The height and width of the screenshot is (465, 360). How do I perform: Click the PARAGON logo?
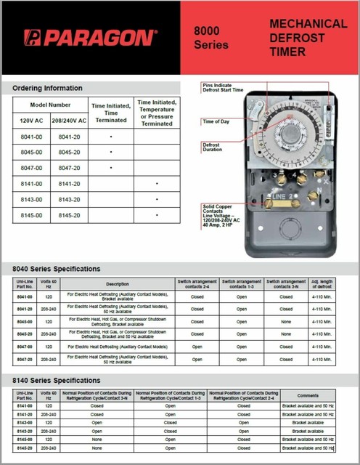89,38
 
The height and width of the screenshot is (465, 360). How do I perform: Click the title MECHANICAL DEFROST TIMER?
308,37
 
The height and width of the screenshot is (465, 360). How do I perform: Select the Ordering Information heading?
48,88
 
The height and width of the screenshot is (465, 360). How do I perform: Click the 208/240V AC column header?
69,120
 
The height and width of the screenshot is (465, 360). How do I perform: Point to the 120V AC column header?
30,120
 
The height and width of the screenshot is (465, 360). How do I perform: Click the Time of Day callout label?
216,121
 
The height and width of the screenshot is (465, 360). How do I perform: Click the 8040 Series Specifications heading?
57,268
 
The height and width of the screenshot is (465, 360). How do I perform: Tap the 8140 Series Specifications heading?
57,380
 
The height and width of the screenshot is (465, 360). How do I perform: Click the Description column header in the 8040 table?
117,284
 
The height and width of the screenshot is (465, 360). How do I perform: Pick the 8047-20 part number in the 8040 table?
25,359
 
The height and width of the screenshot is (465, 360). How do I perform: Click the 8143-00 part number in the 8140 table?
25,421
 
